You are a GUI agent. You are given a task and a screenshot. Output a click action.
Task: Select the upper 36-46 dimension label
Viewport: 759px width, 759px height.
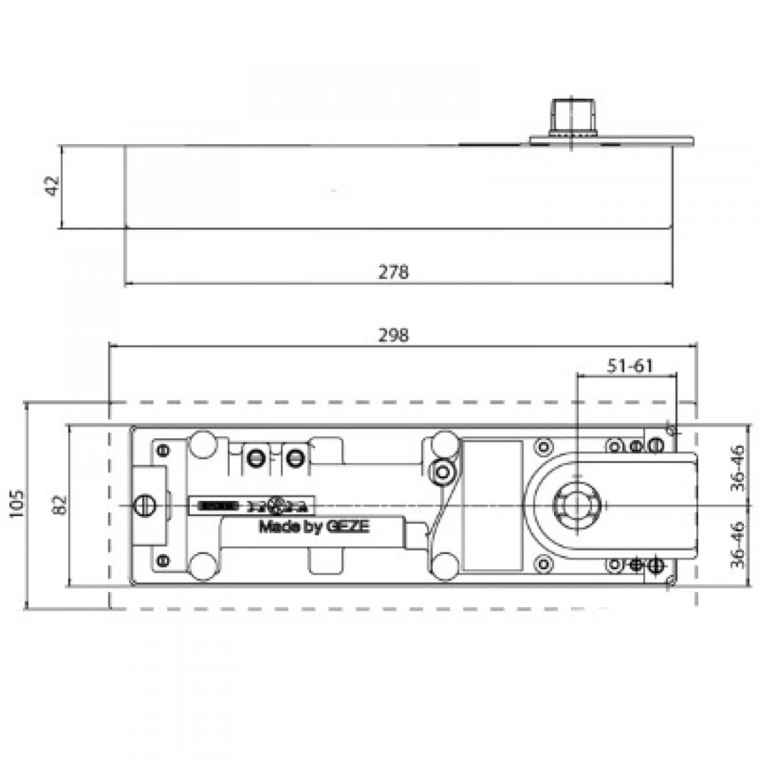(738, 468)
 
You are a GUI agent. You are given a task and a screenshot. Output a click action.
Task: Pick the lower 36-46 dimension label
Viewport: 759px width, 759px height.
(738, 543)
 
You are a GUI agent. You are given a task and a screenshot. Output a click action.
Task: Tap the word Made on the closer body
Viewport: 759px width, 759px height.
(275, 527)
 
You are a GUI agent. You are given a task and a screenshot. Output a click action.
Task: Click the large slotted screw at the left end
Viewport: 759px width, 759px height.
(145, 505)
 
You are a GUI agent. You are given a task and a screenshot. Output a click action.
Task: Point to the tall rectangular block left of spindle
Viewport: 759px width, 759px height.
(491, 506)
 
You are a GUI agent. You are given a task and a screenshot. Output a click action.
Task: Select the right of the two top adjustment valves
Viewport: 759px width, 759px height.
(295, 456)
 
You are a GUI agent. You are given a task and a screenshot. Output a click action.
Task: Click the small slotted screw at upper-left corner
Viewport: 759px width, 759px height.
(164, 450)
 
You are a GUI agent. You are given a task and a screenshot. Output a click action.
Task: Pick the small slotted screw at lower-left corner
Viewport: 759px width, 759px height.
(164, 560)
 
